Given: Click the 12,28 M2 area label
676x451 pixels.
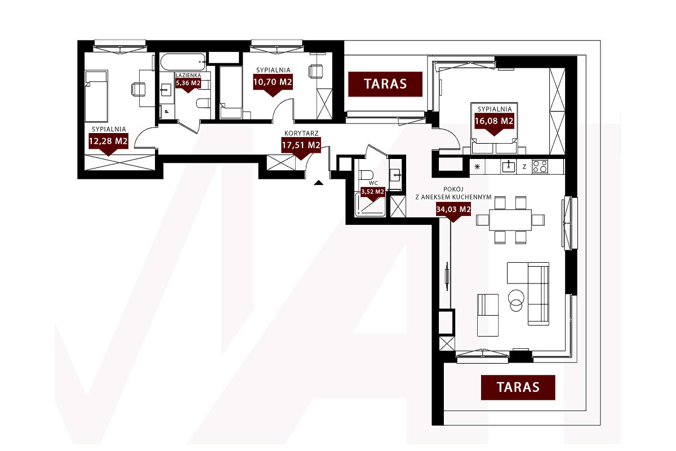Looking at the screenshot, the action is (x=108, y=141).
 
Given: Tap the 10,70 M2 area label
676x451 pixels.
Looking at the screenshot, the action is (x=273, y=82).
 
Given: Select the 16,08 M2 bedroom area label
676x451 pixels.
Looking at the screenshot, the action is (x=494, y=121).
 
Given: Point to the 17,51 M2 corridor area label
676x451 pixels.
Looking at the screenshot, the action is (x=301, y=145).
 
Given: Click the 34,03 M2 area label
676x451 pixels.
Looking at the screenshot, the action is (x=453, y=209).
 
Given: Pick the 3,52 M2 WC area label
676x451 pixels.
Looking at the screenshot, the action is (x=373, y=192).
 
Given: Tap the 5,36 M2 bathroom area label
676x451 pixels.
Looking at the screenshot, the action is (x=188, y=83).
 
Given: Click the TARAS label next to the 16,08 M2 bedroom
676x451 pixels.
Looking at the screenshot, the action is (x=385, y=84).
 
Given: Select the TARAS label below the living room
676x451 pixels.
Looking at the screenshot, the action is (x=518, y=387).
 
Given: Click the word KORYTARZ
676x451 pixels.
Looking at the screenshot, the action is (x=301, y=133).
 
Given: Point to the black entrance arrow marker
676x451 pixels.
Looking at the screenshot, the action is (x=318, y=183).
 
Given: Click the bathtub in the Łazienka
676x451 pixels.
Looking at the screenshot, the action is (x=184, y=62).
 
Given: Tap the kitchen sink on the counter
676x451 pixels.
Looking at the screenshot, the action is (x=509, y=167).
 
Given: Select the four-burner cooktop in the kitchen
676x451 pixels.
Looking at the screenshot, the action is (x=540, y=166).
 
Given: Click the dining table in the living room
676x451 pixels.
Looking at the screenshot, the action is (x=510, y=220).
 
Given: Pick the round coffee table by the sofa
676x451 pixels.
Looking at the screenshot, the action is (x=516, y=300).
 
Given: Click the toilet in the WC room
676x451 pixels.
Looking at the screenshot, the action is (x=366, y=175).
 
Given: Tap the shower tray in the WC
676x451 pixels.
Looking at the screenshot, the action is (x=371, y=205).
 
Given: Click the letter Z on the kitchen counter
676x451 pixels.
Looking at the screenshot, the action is (x=524, y=166).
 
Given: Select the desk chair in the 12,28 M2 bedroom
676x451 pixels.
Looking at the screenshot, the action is (x=138, y=90).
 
